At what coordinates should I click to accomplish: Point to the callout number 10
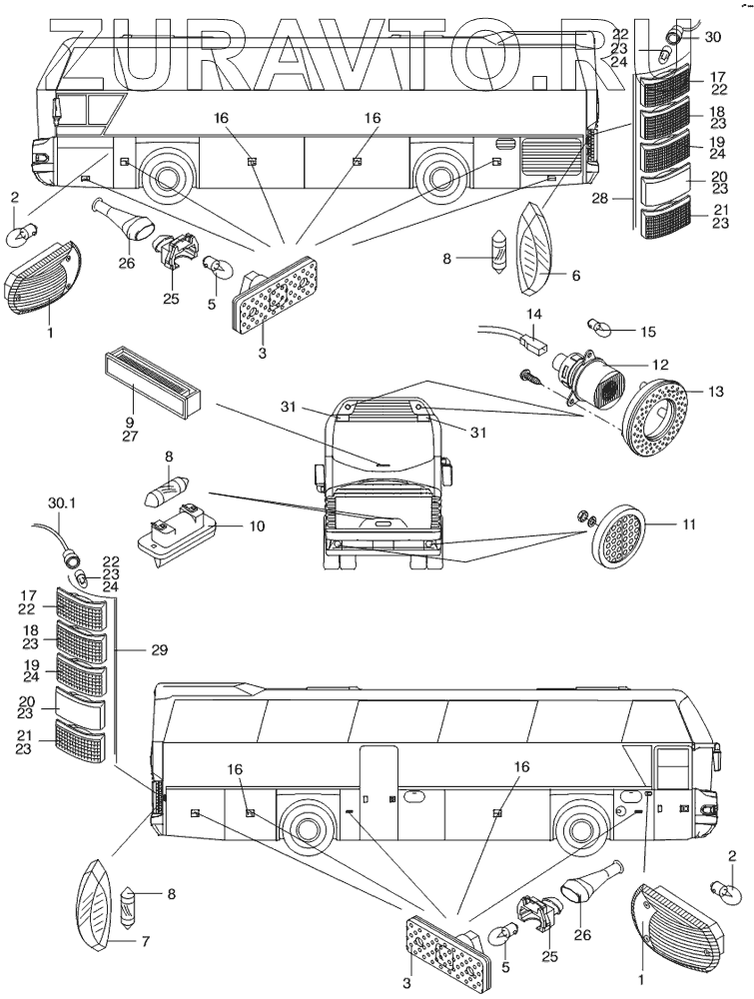click(x=258, y=525)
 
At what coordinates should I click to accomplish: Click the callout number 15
click(x=648, y=331)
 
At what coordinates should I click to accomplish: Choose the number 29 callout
click(x=158, y=650)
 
